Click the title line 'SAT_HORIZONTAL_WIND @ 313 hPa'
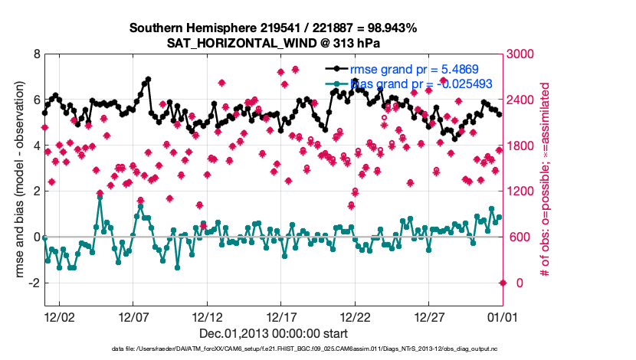[x=273, y=43]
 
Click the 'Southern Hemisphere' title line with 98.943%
[x=273, y=28]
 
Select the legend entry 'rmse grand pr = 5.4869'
[x=414, y=69]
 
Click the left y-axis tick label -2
[x=34, y=283]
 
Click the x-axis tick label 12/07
[x=133, y=316]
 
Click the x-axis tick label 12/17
[x=281, y=316]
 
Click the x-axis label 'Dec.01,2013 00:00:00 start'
[x=273, y=333]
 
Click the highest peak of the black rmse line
[x=148, y=79]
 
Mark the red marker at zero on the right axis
[x=503, y=283]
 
